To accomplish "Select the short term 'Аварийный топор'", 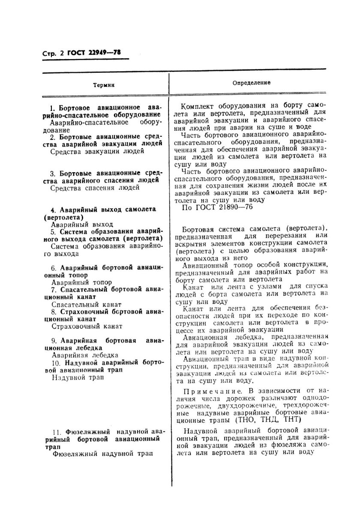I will [x=81, y=282].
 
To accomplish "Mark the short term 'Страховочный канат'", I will [x=87, y=326].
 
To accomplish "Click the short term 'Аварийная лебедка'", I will [x=85, y=355].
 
